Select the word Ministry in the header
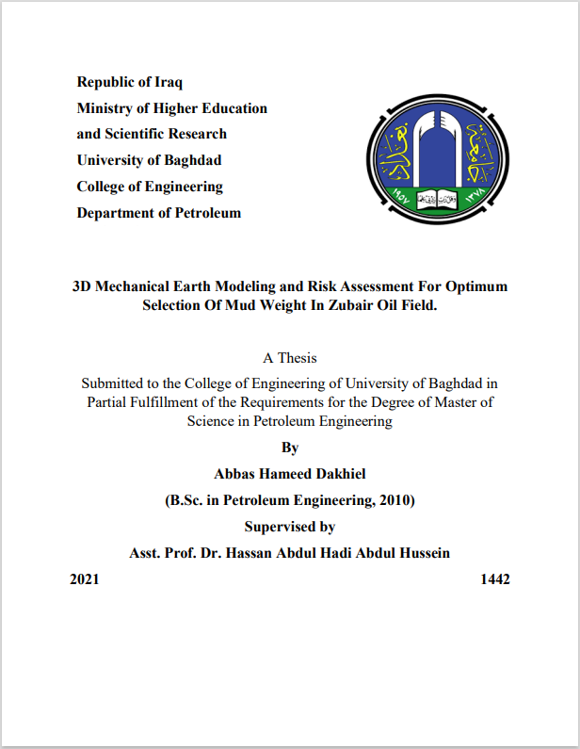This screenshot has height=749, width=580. click(105, 108)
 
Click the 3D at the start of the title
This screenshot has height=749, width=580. click(84, 286)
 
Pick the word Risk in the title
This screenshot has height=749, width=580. click(332, 286)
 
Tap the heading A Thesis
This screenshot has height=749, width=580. click(290, 358)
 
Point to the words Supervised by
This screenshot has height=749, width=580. click(290, 527)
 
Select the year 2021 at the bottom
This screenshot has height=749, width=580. click(84, 579)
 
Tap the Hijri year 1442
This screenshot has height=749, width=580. click(495, 579)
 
